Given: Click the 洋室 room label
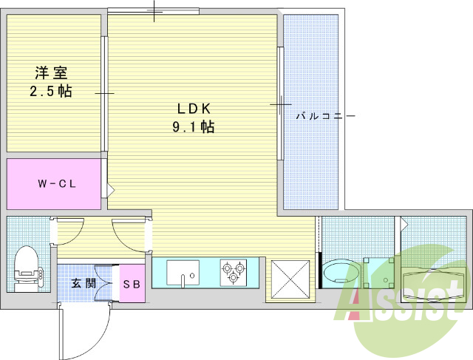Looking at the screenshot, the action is [51, 72].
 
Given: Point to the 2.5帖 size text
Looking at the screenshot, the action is [51, 90].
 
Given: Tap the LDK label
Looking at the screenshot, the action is [194, 109].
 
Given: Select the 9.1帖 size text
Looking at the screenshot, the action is [194, 126].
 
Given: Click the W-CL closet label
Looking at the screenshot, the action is [57, 184].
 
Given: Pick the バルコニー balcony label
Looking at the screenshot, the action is [326, 116].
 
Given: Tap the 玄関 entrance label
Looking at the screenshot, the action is [84, 283].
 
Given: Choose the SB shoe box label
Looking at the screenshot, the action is [132, 284].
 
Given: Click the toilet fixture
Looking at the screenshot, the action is [27, 268].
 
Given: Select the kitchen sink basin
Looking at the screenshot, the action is [183, 273].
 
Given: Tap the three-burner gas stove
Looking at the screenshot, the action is [234, 273].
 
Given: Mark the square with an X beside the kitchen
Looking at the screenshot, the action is [290, 279].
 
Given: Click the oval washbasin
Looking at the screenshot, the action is [341, 273].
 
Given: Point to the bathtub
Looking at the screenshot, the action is [433, 283].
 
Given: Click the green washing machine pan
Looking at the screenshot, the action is [379, 273].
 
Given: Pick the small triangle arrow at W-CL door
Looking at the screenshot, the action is [110, 190].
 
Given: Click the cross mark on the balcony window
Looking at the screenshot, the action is [281, 104].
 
